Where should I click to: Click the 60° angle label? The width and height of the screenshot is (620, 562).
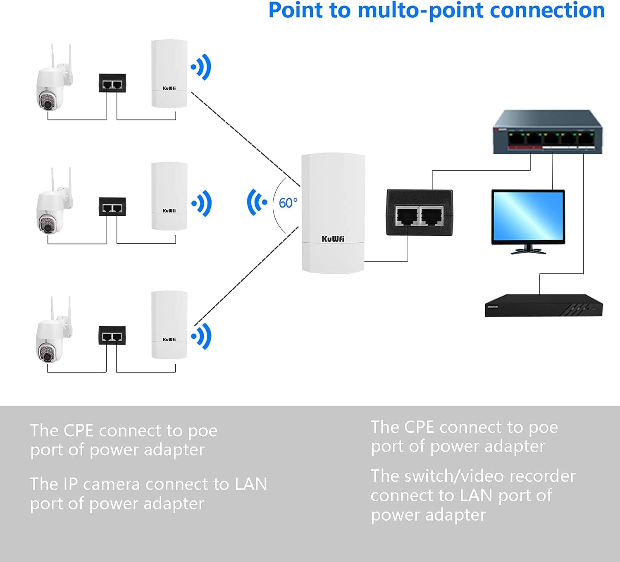pyautogui.click(x=288, y=203)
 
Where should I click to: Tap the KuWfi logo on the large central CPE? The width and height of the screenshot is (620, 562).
pyautogui.click(x=333, y=239)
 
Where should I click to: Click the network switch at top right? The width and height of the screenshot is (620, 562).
pyautogui.click(x=547, y=133)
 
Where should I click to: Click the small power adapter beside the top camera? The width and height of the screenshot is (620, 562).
pyautogui.click(x=112, y=83)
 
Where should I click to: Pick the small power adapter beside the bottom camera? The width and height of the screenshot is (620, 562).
pyautogui.click(x=112, y=335)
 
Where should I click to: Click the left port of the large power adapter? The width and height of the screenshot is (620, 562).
pyautogui.click(x=407, y=216)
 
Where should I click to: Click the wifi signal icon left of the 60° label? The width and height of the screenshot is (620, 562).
pyautogui.click(x=257, y=202)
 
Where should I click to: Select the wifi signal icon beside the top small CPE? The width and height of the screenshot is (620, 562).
pyautogui.click(x=201, y=67)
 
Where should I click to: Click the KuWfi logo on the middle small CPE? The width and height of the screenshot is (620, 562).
pyautogui.click(x=169, y=211)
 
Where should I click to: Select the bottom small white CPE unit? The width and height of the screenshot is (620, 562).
pyautogui.click(x=169, y=325)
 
